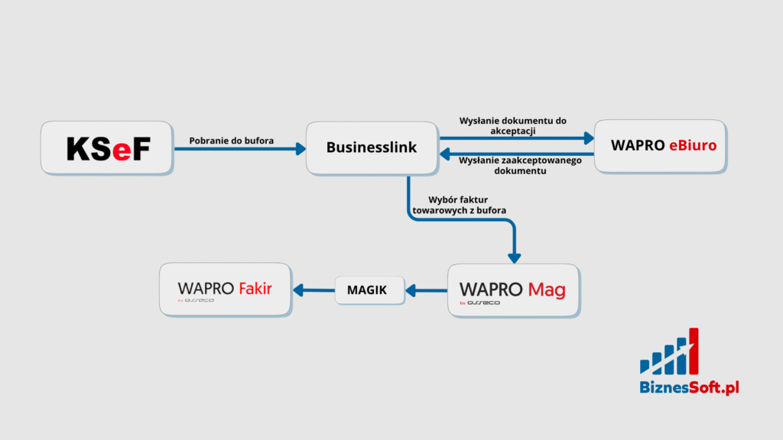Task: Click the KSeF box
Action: [x=106, y=147]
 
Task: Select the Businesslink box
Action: [x=372, y=147]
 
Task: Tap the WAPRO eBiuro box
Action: [x=659, y=145]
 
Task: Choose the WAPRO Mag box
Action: [x=512, y=290]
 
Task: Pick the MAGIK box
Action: [x=367, y=290]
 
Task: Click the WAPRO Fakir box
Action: [x=225, y=289]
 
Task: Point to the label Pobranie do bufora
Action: [x=232, y=140]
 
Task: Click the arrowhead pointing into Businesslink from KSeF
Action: [x=301, y=148]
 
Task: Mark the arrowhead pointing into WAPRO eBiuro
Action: [x=589, y=138]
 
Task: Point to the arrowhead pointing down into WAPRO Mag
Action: [x=514, y=257]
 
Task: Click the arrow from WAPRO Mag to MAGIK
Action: [x=426, y=290]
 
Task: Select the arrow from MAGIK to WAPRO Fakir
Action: [x=314, y=290]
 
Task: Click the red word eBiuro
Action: [x=693, y=145]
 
